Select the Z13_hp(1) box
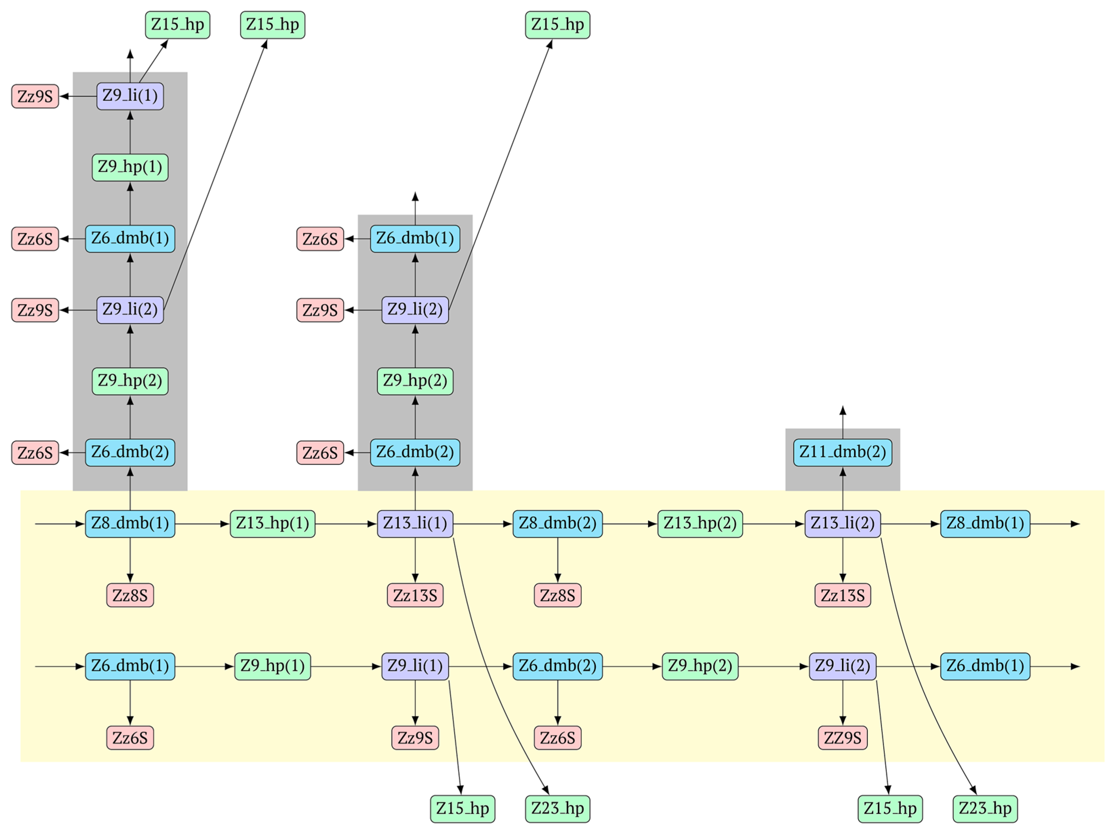tap(272, 523)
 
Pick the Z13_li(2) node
tap(843, 523)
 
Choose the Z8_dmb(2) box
tap(557, 523)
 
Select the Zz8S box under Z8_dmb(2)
tap(557, 595)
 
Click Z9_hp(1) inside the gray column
tap(130, 167)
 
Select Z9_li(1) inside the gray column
tap(130, 96)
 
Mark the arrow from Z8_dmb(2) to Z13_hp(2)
tap(630, 524)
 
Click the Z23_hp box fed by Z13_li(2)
tap(985, 808)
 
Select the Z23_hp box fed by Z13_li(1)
tap(557, 808)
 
